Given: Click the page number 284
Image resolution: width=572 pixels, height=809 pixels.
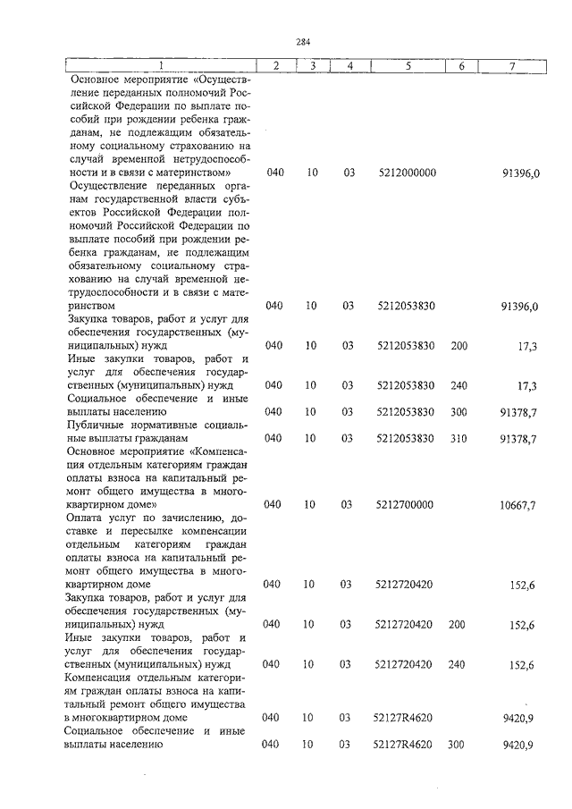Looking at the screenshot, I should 303,41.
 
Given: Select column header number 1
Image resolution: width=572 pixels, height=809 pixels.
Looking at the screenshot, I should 160,66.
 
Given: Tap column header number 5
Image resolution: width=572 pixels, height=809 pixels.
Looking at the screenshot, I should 407,66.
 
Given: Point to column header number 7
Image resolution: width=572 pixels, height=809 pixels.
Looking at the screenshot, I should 511,66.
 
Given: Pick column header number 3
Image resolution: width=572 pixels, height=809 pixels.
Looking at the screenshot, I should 312,66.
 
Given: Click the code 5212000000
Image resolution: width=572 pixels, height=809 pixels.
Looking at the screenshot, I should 407,172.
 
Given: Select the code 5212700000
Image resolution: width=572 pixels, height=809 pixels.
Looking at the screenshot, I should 407,504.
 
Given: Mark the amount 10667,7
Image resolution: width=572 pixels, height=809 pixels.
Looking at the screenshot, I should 519,505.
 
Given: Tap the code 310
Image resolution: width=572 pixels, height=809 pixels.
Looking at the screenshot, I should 459,438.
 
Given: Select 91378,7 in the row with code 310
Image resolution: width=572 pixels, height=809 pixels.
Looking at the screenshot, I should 519,438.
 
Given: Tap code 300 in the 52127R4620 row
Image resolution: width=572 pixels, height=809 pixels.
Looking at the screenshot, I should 459,744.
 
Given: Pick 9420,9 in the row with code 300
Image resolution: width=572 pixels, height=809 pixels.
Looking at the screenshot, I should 519,744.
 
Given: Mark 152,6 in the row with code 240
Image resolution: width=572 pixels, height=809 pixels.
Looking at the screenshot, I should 522,664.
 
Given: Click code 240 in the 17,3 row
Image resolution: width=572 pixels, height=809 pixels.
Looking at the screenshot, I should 459,385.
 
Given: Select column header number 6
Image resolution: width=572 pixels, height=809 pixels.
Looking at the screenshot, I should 461,66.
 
